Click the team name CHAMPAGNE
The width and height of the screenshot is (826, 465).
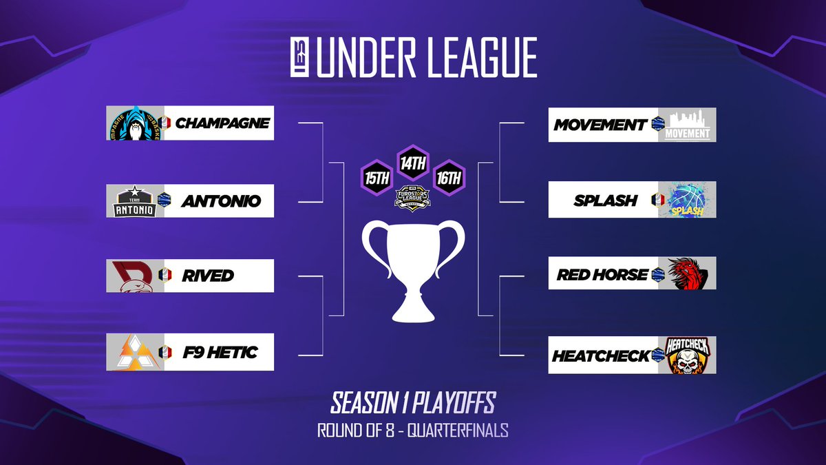coord(222,123)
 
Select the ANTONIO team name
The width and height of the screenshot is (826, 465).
coord(221,202)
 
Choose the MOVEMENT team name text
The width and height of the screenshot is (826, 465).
coord(600,125)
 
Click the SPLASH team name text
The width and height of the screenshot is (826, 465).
coord(606,201)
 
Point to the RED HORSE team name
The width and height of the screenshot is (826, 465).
coord(602,275)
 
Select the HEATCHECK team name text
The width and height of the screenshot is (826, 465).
coord(601,356)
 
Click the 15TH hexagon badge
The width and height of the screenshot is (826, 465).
coord(377,177)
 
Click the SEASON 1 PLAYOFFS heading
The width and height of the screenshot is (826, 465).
coord(413,402)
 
